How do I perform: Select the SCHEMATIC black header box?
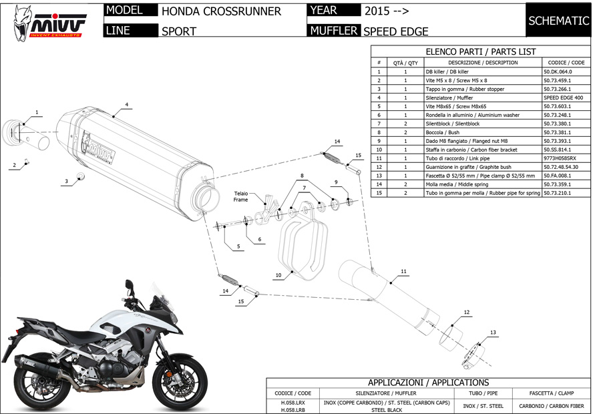pos(558,21)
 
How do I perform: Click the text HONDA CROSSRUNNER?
pos(221,11)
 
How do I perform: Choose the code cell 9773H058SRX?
pos(560,158)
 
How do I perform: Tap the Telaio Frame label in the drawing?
pos(240,196)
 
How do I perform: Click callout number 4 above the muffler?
pos(126,105)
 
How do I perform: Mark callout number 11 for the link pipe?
pos(403,271)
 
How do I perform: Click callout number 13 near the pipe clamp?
pos(493,332)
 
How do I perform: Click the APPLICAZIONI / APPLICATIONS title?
pos(428,383)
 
